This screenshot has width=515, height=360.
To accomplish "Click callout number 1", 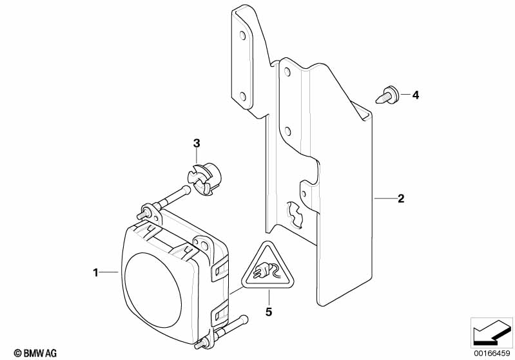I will [95, 273].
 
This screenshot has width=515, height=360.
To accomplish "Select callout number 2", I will [400, 199].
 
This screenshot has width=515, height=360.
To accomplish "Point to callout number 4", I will [415, 95].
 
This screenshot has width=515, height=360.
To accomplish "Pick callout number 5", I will [269, 313].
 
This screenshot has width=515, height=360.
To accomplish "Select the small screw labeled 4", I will [387, 96].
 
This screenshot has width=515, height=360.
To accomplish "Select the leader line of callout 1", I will [110, 273].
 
